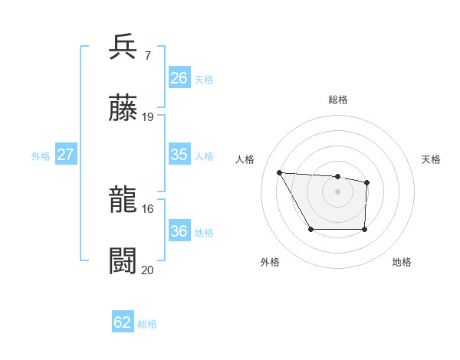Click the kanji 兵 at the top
[x=124, y=47]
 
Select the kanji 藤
[x=124, y=109]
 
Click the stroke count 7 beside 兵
[x=147, y=55]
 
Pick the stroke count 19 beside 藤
[x=148, y=117]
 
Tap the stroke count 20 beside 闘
[x=148, y=270]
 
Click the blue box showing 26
[x=179, y=78]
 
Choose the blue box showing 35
[x=179, y=155]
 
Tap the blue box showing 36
[x=179, y=231]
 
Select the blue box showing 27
[x=65, y=155]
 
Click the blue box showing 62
[x=123, y=323]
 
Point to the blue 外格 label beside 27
[x=41, y=155]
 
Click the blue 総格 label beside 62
[x=147, y=324]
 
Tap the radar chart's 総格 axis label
[x=338, y=100]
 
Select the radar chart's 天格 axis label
[x=432, y=159]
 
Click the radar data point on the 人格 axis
[x=280, y=172]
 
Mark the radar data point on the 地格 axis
[x=364, y=229]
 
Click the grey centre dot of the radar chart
[x=337, y=191]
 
